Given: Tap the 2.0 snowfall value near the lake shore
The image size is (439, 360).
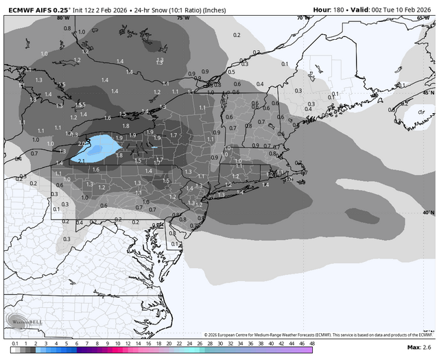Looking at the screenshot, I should point(83,143).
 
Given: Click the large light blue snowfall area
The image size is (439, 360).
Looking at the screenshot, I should point(103,145).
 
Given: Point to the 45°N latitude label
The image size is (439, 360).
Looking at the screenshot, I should point(428,92).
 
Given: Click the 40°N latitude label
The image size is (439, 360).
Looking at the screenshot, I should point(428,213).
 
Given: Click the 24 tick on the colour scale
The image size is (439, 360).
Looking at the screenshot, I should point(189,342).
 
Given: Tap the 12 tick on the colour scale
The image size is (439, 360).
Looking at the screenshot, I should point(128,342).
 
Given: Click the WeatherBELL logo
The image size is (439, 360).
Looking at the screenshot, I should point(23,322).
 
